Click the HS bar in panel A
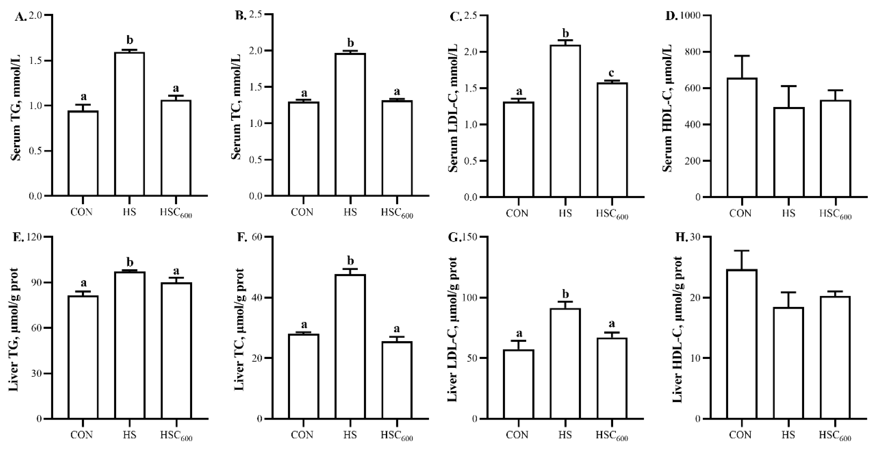click(x=129, y=124)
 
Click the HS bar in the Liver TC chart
click(x=350, y=346)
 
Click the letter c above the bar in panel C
click(x=612, y=73)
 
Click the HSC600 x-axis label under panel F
click(x=396, y=436)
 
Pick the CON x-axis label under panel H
click(x=740, y=435)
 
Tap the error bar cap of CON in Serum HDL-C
click(x=742, y=56)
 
